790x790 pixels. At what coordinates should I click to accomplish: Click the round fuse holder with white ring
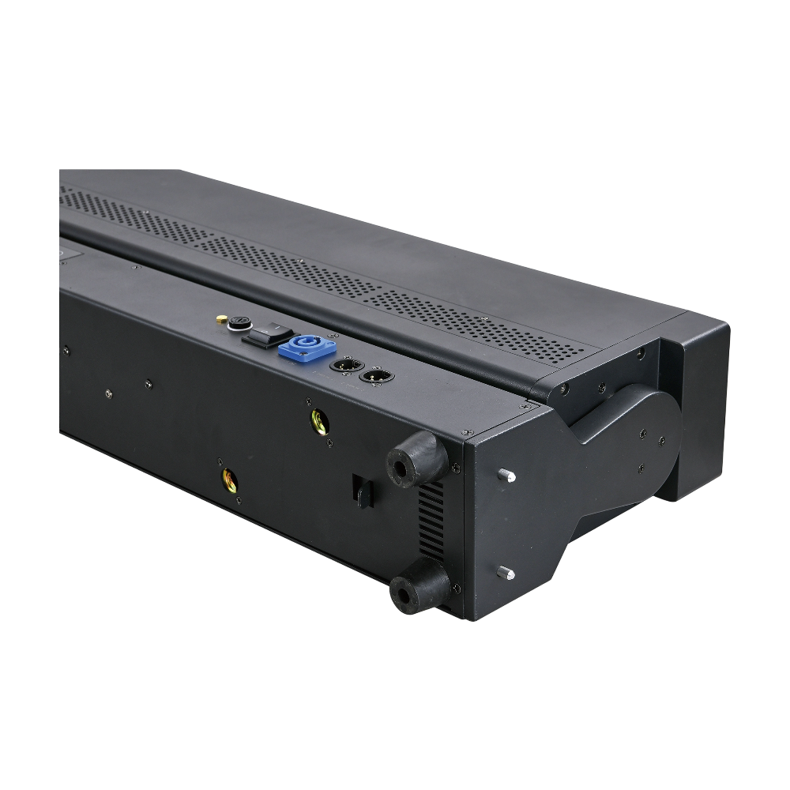(x=236, y=324)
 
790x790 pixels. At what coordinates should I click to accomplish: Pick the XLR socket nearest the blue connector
(x=346, y=366)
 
